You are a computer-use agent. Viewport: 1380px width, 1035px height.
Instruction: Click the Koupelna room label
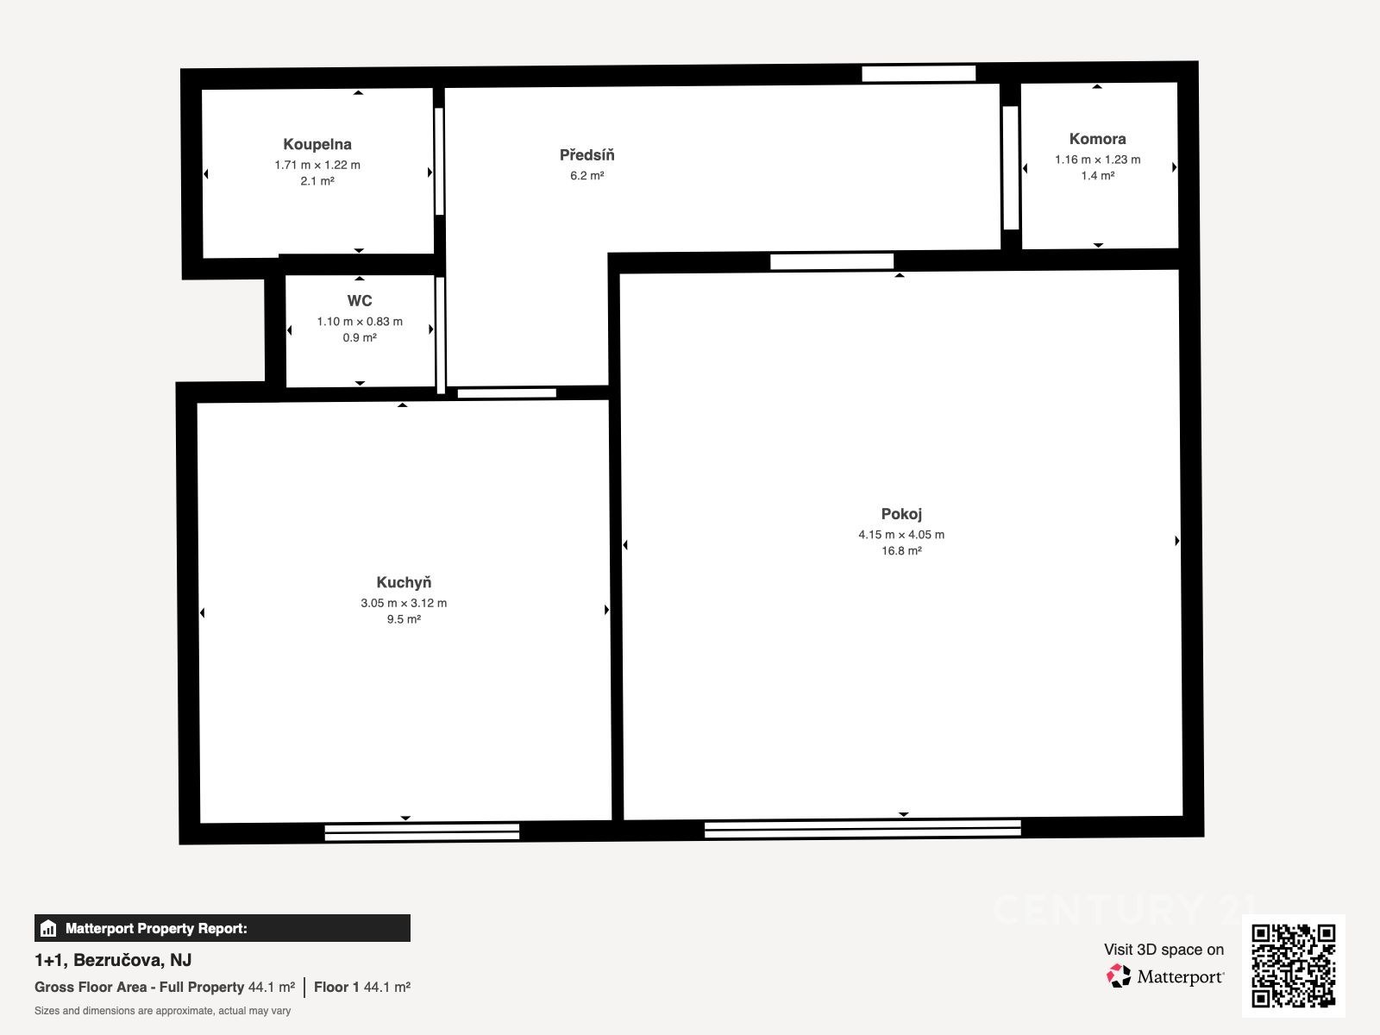(x=317, y=145)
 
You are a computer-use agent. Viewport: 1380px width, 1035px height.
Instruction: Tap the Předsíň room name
(x=586, y=154)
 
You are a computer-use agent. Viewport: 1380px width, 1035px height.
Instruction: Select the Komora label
(x=1097, y=139)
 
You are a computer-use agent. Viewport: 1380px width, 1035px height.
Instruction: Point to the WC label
(x=359, y=301)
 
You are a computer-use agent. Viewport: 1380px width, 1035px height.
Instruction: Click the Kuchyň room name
(x=404, y=582)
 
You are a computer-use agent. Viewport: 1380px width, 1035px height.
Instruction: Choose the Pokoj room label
(x=901, y=514)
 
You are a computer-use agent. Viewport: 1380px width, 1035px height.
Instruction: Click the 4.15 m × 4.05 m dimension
(x=901, y=535)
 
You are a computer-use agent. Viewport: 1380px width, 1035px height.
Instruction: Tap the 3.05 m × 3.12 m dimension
(x=404, y=603)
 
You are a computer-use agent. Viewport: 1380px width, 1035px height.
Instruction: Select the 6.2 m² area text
(x=586, y=176)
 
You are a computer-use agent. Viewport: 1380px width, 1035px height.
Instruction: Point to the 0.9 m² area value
(x=359, y=338)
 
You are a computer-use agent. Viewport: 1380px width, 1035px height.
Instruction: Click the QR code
(x=1293, y=966)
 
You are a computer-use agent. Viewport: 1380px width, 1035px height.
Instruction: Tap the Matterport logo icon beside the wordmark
(x=1119, y=976)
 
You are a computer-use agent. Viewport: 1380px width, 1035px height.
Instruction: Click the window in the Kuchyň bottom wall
(x=422, y=832)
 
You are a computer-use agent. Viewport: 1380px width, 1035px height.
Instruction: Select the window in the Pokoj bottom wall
(x=862, y=829)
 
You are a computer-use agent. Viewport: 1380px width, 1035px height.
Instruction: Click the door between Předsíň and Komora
(x=1010, y=168)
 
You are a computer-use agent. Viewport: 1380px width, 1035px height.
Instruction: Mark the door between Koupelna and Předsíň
(x=439, y=161)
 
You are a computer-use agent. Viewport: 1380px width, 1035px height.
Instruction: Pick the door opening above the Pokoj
(x=831, y=261)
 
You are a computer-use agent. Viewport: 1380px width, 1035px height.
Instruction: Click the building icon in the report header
(x=48, y=928)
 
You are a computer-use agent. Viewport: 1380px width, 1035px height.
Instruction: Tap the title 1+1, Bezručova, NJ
(x=113, y=960)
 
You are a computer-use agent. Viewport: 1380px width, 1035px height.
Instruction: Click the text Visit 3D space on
(x=1164, y=950)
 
